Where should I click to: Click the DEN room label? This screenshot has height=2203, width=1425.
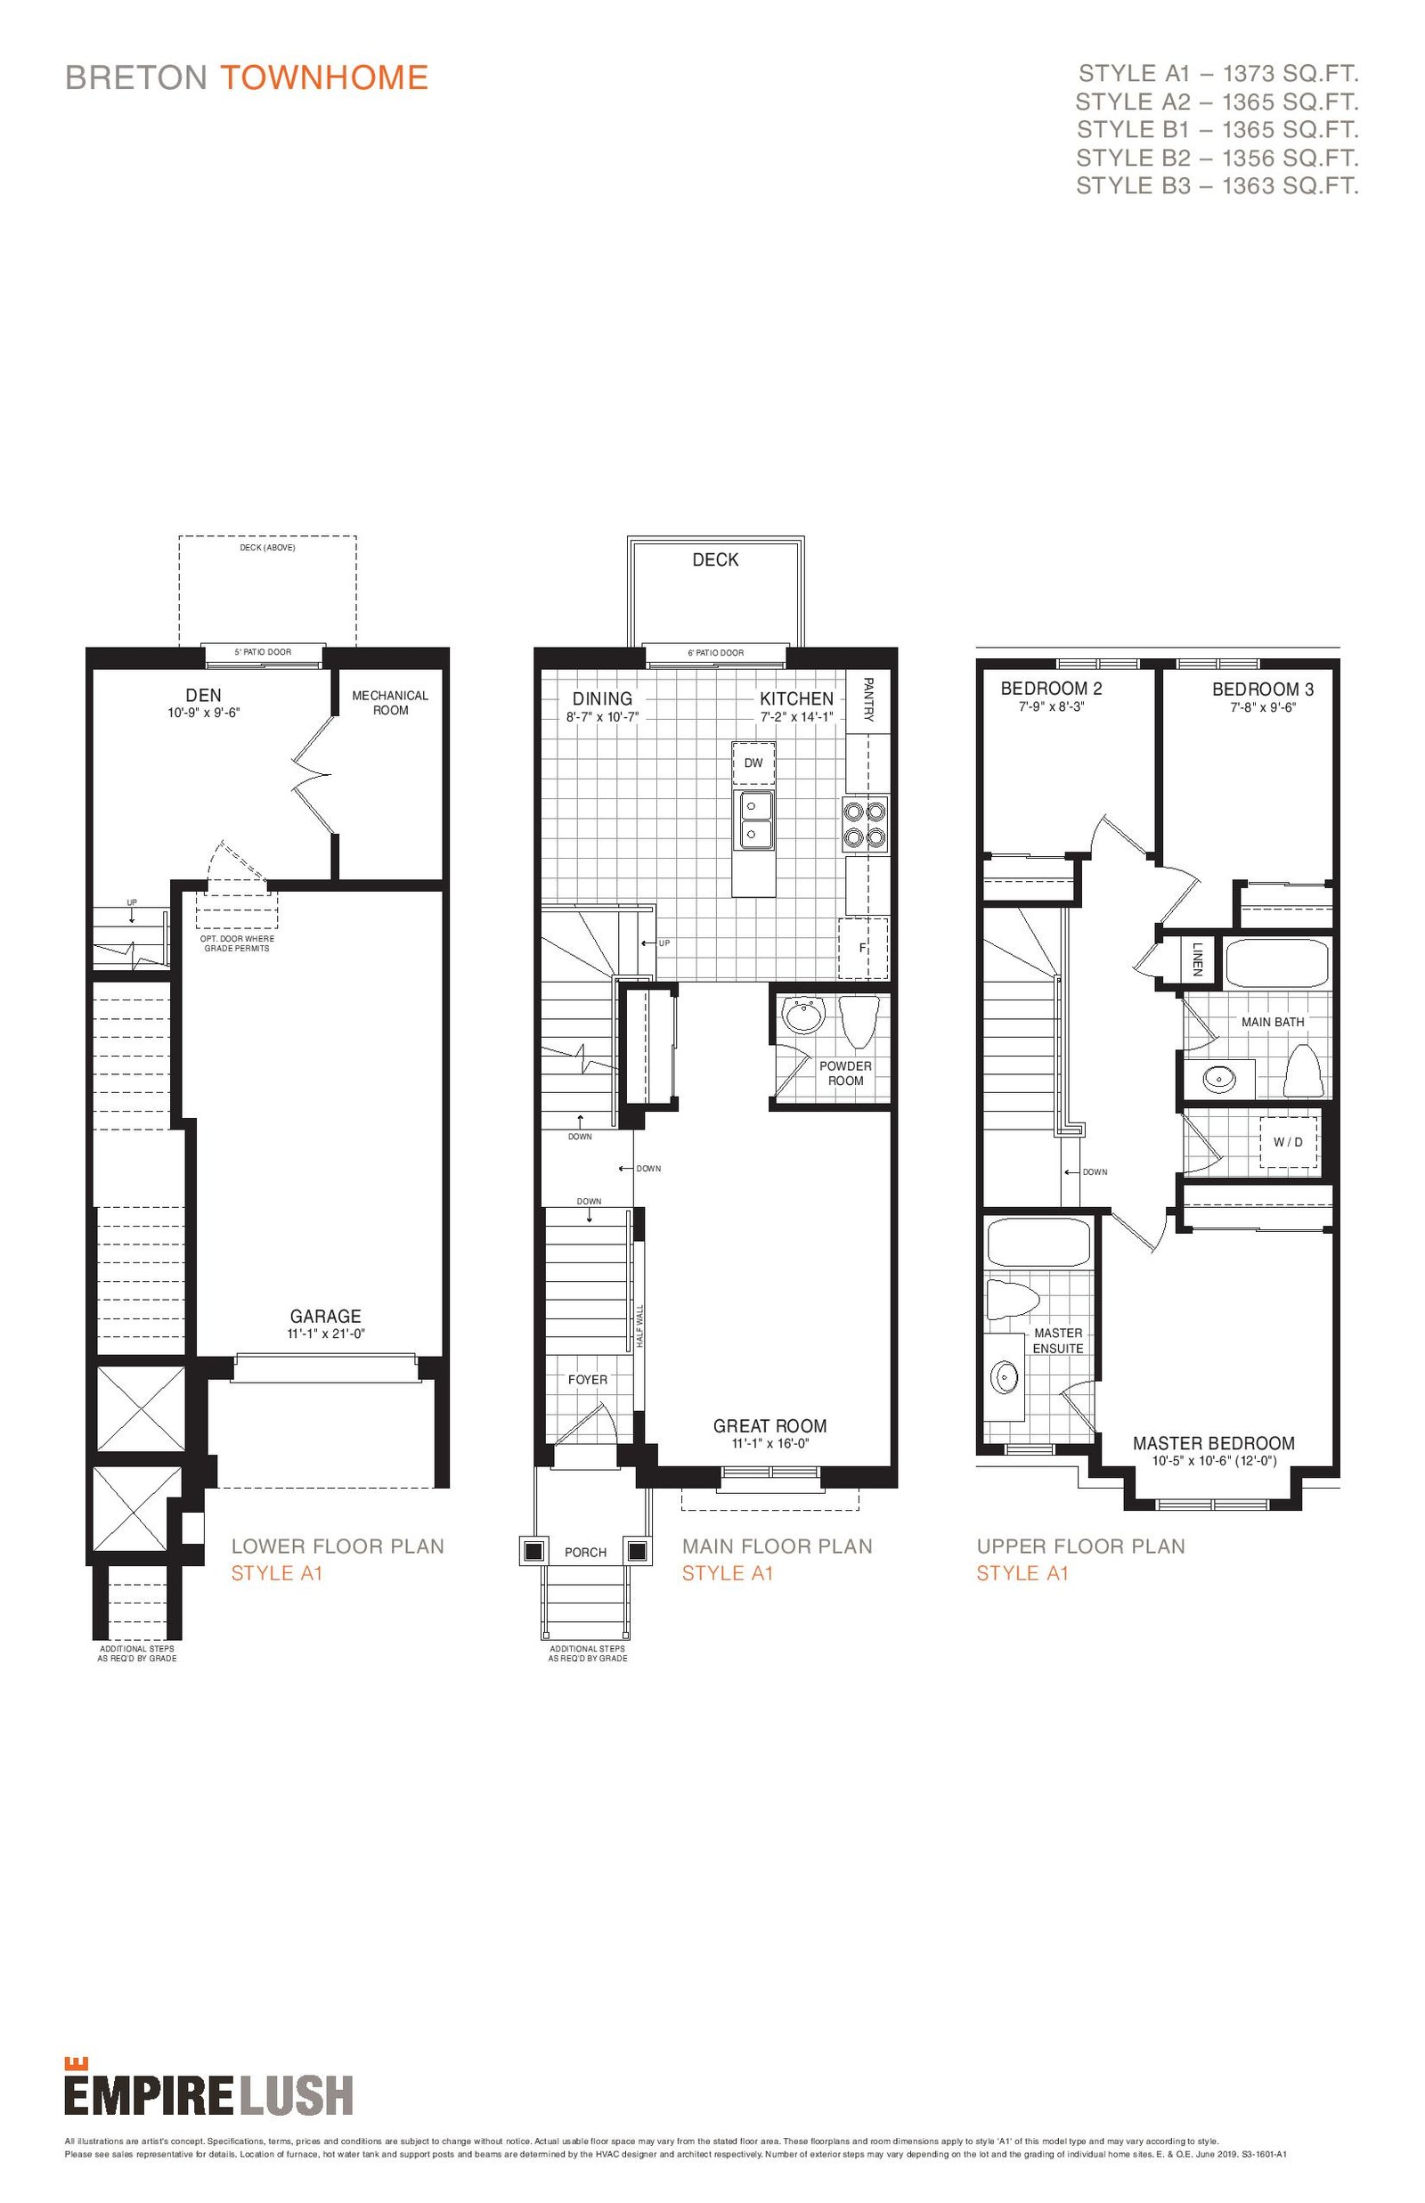204,696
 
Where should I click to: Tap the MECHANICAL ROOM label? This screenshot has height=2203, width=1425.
390,703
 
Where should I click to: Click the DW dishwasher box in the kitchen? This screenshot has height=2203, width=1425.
753,763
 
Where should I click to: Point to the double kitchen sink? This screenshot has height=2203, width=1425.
754,820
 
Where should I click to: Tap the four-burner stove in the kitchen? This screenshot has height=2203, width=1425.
865,823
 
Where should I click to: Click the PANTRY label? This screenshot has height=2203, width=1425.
868,699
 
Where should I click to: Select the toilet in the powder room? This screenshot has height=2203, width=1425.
859,1018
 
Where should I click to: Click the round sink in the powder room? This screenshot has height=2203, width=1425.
803,1016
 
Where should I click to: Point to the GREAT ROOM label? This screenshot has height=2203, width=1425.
769,1426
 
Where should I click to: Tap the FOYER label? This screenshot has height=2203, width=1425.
588,1380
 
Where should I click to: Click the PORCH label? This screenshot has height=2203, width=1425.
586,1553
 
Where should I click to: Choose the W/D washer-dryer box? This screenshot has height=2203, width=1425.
1288,1143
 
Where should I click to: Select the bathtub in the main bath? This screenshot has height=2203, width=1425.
1277,963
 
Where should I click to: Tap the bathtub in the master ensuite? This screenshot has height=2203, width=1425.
1038,1243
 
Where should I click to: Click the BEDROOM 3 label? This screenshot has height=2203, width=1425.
1262,689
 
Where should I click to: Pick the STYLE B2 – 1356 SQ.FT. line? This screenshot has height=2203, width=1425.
1217,158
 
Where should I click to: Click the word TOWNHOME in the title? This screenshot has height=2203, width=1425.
324,77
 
